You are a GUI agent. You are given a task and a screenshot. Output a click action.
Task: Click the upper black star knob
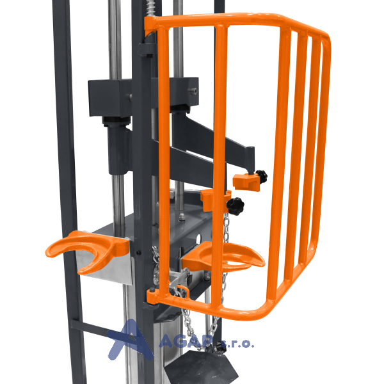click(x=262, y=177)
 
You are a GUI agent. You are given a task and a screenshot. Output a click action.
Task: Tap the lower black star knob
click(x=236, y=206)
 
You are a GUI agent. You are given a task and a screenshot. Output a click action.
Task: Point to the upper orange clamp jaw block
click(x=246, y=182)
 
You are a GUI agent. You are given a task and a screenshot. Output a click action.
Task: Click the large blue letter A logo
click(x=131, y=340)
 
